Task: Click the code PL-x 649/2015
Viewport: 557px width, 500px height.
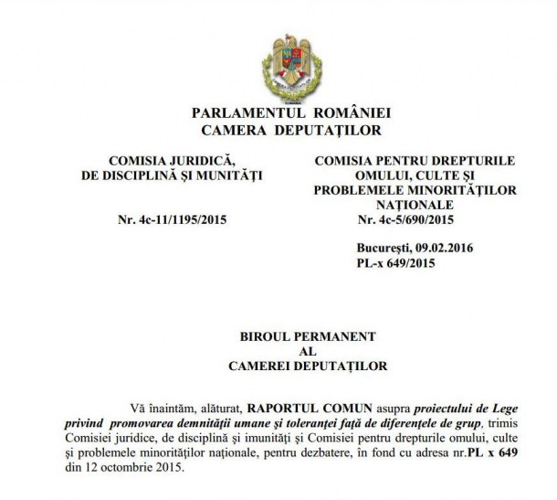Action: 396,264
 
